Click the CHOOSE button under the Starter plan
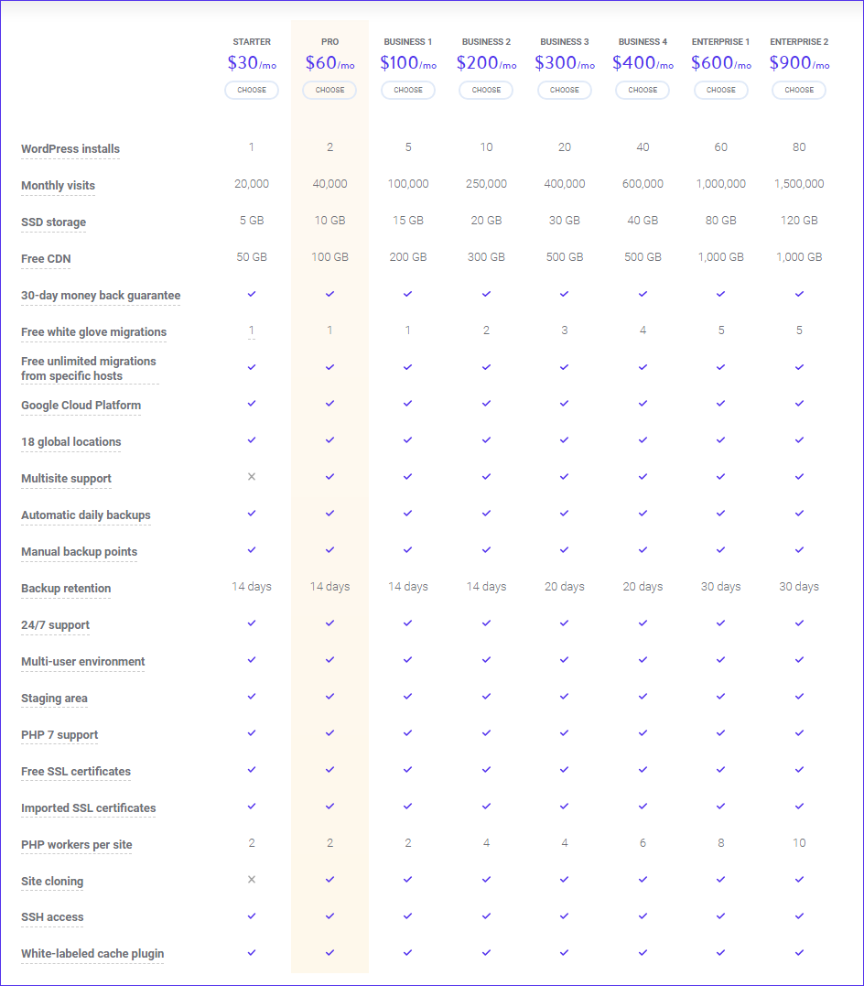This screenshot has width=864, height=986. (x=252, y=90)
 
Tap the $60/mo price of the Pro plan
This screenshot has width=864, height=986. (x=330, y=63)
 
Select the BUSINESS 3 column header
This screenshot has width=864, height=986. (x=565, y=42)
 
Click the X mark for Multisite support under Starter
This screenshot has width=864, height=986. (x=252, y=477)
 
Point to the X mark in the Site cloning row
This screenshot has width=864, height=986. (x=252, y=879)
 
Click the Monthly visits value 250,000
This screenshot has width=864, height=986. (x=486, y=184)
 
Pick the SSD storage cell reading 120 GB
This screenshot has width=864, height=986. (x=799, y=220)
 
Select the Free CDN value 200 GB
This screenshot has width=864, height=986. (x=408, y=256)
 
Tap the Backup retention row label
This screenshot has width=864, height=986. (x=66, y=589)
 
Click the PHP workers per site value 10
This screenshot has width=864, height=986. (x=799, y=842)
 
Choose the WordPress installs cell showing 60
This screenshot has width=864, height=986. (x=720, y=147)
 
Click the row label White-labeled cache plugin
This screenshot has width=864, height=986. (x=92, y=954)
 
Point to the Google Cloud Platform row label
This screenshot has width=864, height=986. (x=81, y=406)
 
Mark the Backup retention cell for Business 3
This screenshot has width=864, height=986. (x=565, y=587)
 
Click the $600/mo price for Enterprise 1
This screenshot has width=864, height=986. (x=721, y=63)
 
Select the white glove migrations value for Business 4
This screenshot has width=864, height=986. (x=643, y=330)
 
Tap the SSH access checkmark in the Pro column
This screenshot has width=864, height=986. (x=330, y=916)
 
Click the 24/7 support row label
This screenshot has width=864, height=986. (x=55, y=625)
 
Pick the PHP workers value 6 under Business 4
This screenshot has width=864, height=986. (x=643, y=842)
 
